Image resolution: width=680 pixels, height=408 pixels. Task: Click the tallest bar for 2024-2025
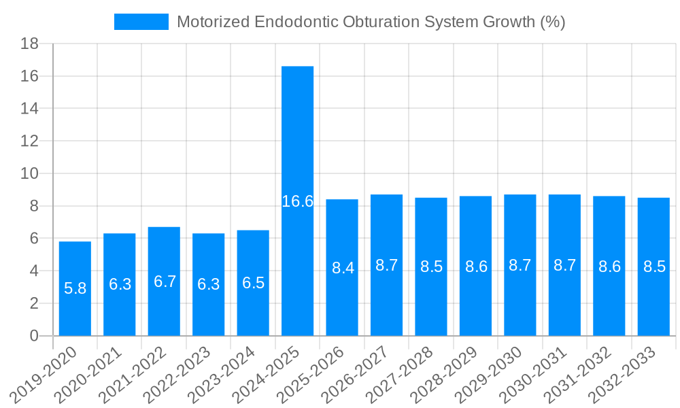(x=297, y=136)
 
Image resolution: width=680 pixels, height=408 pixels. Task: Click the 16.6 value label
(x=297, y=201)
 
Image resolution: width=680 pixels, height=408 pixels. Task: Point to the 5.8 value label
(x=75, y=288)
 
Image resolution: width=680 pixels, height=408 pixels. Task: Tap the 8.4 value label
(x=342, y=268)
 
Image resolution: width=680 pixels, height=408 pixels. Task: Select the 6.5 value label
(x=253, y=283)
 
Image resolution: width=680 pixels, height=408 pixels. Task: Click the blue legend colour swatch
(x=141, y=22)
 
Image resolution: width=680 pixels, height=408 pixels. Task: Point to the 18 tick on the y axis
(x=29, y=44)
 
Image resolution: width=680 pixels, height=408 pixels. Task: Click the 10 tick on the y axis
(x=29, y=173)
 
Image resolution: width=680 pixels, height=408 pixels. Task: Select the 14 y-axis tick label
(x=29, y=109)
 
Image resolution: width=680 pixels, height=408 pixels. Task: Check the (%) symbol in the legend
(x=552, y=22)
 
